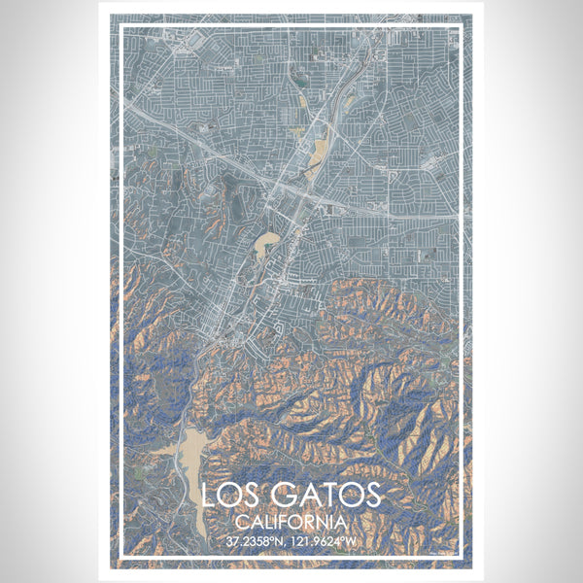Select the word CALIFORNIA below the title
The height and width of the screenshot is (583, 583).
point(291,523)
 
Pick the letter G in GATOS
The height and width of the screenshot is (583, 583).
point(278,497)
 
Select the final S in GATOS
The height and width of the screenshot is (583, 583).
point(373,497)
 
